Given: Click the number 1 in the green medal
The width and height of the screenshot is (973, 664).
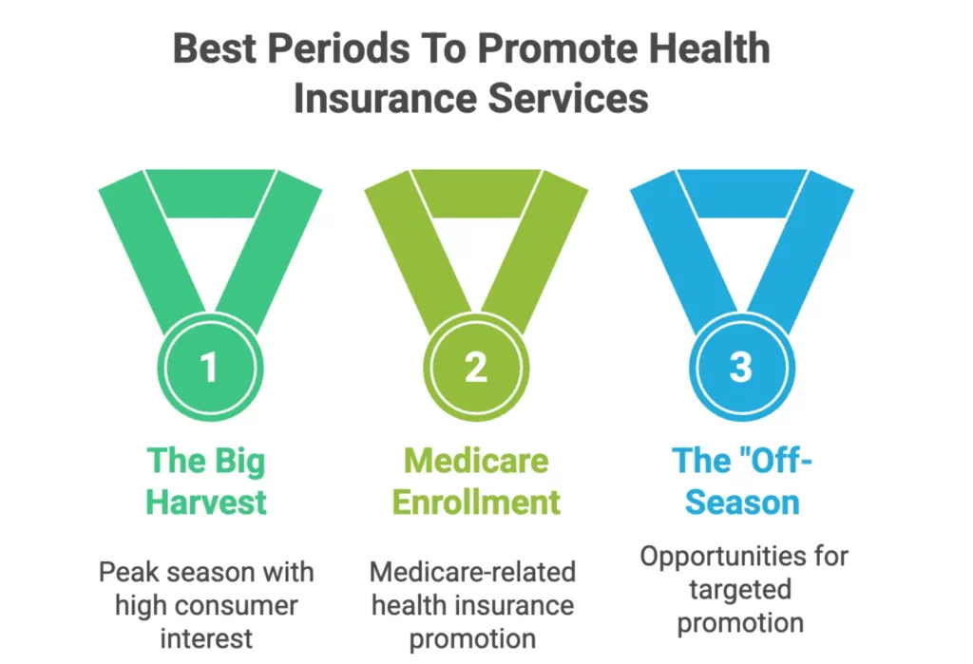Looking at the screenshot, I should pyautogui.click(x=209, y=368).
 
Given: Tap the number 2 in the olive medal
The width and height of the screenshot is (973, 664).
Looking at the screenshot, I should pyautogui.click(x=475, y=368).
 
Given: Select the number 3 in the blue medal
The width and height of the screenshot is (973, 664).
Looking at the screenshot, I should pyautogui.click(x=741, y=368).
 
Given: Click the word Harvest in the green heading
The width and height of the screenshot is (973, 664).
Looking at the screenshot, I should pyautogui.click(x=206, y=502).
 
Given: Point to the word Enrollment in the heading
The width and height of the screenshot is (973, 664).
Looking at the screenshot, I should pyautogui.click(x=475, y=502).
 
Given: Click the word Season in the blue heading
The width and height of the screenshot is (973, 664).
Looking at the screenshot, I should pyautogui.click(x=741, y=502).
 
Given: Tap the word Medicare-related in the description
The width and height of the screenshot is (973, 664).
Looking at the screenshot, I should pyautogui.click(x=472, y=573).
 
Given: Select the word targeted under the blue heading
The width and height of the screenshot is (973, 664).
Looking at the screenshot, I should pyautogui.click(x=741, y=589).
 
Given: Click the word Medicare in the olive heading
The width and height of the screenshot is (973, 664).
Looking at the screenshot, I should pyautogui.click(x=475, y=462).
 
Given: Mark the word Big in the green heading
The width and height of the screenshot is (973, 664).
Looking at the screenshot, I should pyautogui.click(x=242, y=462).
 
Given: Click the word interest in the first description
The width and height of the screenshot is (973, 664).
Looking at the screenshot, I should pyautogui.click(x=206, y=636).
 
